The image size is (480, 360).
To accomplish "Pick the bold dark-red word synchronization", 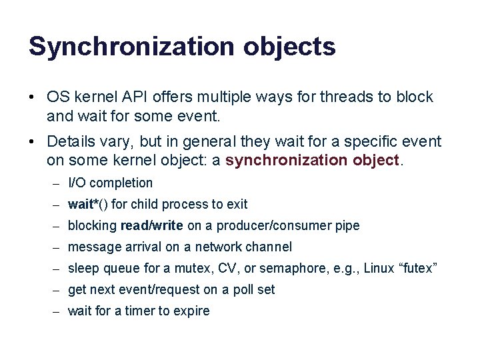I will click(x=285, y=160).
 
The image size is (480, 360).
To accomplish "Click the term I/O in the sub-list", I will click(x=77, y=183).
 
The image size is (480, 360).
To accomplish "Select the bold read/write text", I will click(x=151, y=225).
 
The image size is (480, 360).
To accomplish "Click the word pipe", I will click(x=347, y=225).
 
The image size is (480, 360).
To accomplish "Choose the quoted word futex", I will click(x=415, y=268).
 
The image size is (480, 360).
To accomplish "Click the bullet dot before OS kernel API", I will click(x=32, y=97).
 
